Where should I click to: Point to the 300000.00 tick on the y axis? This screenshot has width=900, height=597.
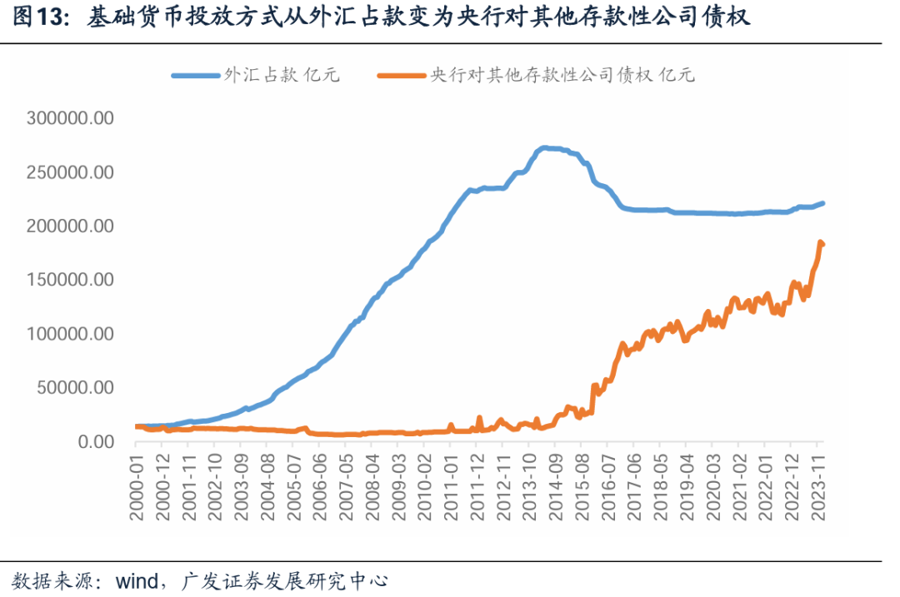click(x=70, y=118)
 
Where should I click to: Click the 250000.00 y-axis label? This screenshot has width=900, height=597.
click(x=70, y=172)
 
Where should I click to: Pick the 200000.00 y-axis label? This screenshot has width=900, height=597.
click(x=70, y=226)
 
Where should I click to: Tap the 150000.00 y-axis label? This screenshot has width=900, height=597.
click(x=70, y=280)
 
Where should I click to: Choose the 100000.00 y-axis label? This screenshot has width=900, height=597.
click(x=70, y=334)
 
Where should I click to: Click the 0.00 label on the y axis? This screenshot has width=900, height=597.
click(x=95, y=441)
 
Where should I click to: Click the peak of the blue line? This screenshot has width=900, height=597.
click(x=543, y=148)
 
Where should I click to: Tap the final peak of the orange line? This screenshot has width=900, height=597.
click(x=819, y=242)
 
